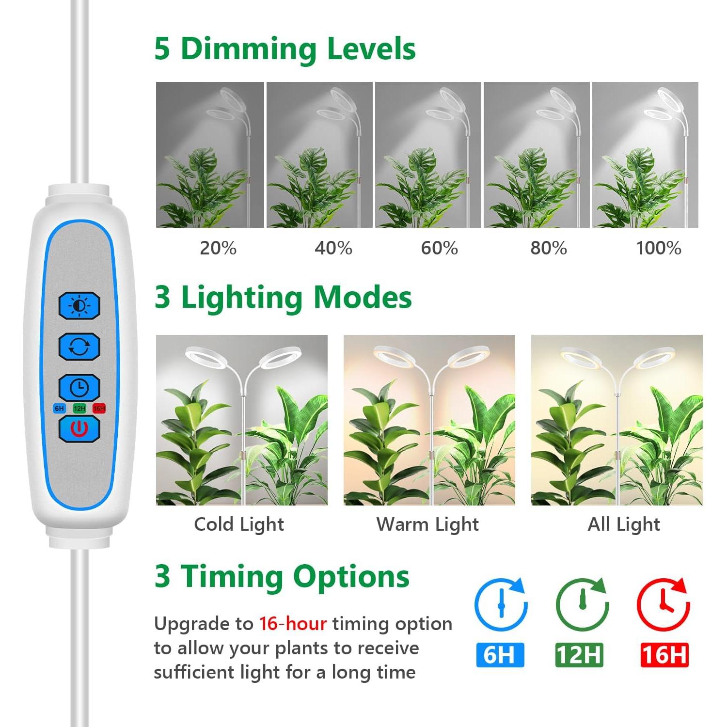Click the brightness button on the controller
coord(79,306)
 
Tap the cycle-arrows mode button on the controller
coord(79,347)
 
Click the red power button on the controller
coord(79,428)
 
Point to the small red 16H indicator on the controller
coord(99,409)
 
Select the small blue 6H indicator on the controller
coord(59,409)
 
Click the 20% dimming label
coord(218,248)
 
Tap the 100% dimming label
coord(658,248)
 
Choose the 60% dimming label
coord(439,248)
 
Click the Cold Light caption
coord(239,524)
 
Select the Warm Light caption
coord(427,524)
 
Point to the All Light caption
coord(624,524)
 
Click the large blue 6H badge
coord(500,655)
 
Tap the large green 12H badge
coord(579,655)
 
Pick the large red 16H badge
coord(664,655)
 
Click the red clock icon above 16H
coord(663,604)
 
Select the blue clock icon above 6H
coord(501,604)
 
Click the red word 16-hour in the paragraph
coord(293,624)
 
